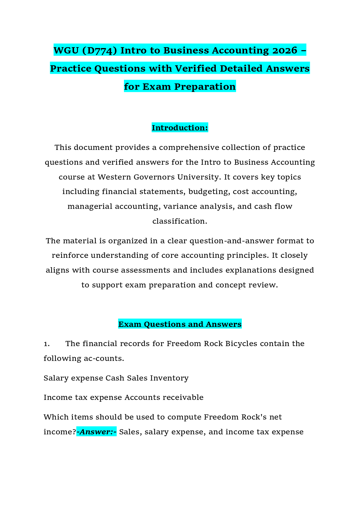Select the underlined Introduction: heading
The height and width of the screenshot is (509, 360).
click(x=180, y=128)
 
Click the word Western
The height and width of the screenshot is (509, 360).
click(x=114, y=177)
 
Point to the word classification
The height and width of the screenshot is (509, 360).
click(x=180, y=221)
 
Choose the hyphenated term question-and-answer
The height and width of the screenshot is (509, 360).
click(x=232, y=241)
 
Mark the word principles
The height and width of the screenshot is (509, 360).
click(x=245, y=256)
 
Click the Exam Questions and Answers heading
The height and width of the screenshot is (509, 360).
click(x=180, y=324)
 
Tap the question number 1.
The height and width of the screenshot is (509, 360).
click(x=47, y=344)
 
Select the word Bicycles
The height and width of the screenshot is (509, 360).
click(x=241, y=344)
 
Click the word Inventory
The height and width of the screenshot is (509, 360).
click(x=169, y=378)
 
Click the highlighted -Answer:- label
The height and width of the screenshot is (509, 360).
click(x=97, y=432)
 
